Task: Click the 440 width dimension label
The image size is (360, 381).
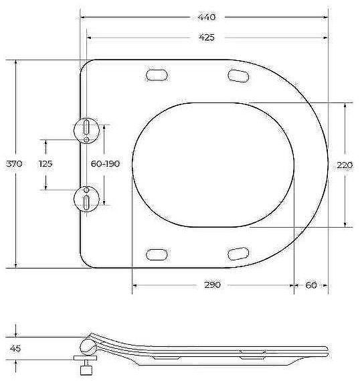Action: (206, 16)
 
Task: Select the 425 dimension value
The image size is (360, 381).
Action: (206, 37)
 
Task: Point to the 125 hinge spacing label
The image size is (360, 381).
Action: (46, 163)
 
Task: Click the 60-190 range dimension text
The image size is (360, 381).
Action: (105, 163)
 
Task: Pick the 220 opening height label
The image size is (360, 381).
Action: (345, 164)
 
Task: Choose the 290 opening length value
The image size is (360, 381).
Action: (212, 285)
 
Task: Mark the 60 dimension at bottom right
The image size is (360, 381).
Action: (310, 285)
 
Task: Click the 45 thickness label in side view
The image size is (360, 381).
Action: (15, 348)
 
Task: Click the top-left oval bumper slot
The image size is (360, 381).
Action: (157, 74)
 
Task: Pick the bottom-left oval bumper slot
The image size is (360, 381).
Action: (157, 253)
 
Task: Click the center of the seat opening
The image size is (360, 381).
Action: (213, 163)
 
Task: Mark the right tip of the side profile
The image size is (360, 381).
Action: (327, 349)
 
